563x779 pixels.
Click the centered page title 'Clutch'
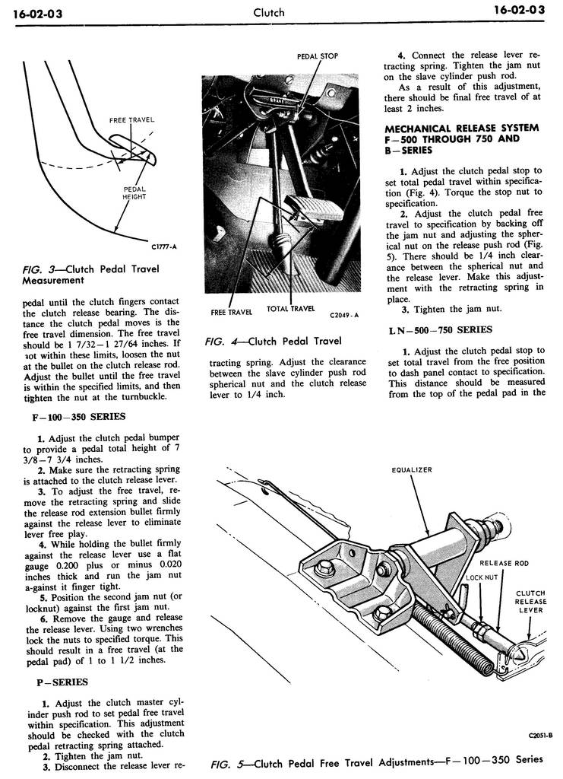pos(269,11)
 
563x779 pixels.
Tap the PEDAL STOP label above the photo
pos(317,56)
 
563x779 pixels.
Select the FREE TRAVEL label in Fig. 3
pos(131,120)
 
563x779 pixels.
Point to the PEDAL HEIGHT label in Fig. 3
pos(134,193)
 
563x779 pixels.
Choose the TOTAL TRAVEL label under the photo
pos(290,309)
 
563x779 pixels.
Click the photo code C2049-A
pos(344,314)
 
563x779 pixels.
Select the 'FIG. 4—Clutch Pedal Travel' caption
pos(274,341)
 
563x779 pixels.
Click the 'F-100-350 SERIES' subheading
pos(81,416)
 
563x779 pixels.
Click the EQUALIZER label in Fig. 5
pos(412,470)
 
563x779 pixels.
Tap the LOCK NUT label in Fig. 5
pos(481,577)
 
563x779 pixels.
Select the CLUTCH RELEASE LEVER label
pos(530,601)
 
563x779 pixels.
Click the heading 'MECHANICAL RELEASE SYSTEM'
pos(461,128)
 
